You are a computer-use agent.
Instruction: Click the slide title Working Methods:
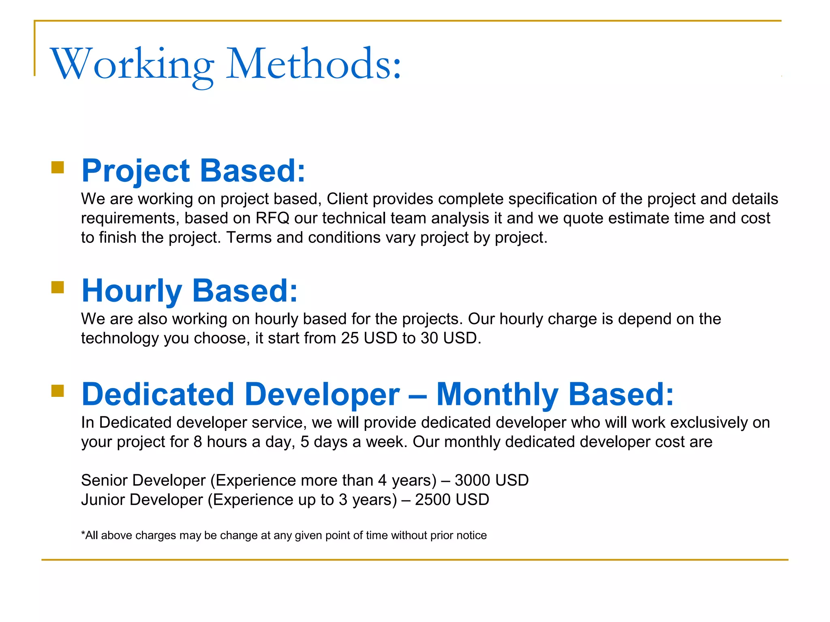(225, 64)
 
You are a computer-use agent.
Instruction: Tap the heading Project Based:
(193, 170)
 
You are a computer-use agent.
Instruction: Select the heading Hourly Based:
(190, 290)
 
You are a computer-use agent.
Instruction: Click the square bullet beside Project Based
(58, 167)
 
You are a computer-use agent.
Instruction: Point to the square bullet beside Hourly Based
(58, 287)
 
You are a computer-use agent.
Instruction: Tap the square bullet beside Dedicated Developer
(58, 391)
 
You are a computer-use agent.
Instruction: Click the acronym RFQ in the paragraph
(272, 218)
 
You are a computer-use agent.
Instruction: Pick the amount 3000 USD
(491, 480)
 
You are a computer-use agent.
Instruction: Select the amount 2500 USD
(452, 500)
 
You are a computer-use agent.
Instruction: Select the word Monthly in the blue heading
(497, 394)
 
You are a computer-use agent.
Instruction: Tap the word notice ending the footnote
(471, 535)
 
